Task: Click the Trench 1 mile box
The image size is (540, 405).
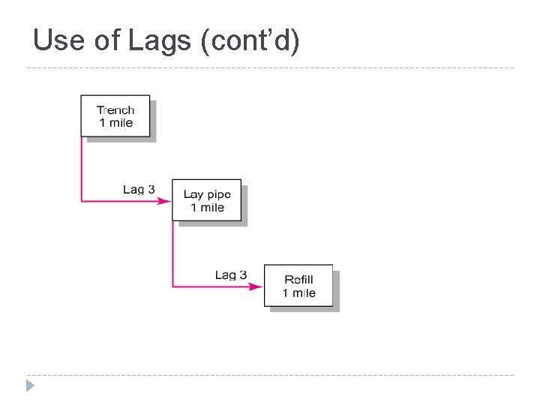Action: (x=115, y=116)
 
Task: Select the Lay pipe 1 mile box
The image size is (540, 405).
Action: (x=207, y=200)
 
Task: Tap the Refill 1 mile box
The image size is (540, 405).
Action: (x=298, y=286)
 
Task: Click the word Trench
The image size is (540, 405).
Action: (x=115, y=109)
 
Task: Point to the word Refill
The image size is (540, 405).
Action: (x=299, y=280)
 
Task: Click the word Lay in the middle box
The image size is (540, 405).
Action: (x=193, y=194)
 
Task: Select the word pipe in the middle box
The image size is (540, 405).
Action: (x=218, y=195)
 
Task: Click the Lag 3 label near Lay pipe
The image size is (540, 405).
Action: (x=139, y=189)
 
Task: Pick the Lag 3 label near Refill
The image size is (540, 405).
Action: (x=230, y=274)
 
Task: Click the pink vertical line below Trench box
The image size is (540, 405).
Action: (x=82, y=169)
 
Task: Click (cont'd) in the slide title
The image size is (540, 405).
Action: (x=251, y=40)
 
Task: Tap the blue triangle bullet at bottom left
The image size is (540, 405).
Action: (x=29, y=386)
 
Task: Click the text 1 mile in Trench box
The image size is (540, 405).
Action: (x=115, y=123)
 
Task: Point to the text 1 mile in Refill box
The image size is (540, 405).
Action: (x=299, y=293)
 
